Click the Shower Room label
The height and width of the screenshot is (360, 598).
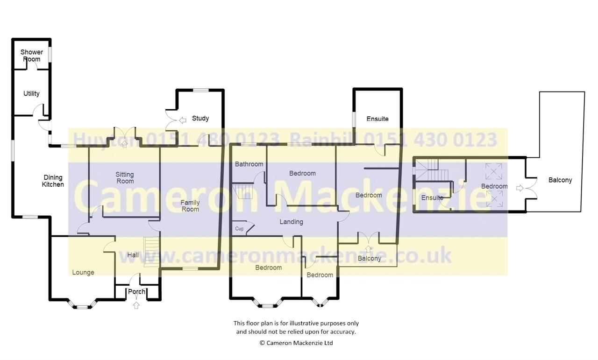(x=31, y=56)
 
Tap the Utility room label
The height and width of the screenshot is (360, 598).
(x=31, y=94)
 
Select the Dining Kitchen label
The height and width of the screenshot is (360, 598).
(x=53, y=181)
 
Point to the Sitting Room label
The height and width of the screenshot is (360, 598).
(x=125, y=178)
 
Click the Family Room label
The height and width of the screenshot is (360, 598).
(x=190, y=206)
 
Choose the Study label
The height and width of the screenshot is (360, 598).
(x=200, y=118)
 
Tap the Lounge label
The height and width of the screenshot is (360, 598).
(x=83, y=273)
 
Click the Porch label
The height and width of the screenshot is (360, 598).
(x=136, y=291)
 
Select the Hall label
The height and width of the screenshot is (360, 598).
(x=133, y=255)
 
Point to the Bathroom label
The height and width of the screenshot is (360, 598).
(x=249, y=164)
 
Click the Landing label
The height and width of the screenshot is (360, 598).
(x=291, y=222)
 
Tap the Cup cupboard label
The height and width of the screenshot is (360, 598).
(x=239, y=229)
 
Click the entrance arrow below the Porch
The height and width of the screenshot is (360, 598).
(x=136, y=305)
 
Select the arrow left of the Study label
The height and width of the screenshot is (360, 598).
(x=183, y=120)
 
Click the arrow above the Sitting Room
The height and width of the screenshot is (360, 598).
(x=124, y=144)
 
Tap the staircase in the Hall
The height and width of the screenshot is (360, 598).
(x=152, y=252)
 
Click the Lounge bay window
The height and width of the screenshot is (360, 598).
(x=82, y=304)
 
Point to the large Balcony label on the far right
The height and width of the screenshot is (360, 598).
(x=560, y=180)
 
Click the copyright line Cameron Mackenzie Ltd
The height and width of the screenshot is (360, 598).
(x=296, y=343)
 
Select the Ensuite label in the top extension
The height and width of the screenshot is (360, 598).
(x=377, y=119)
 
